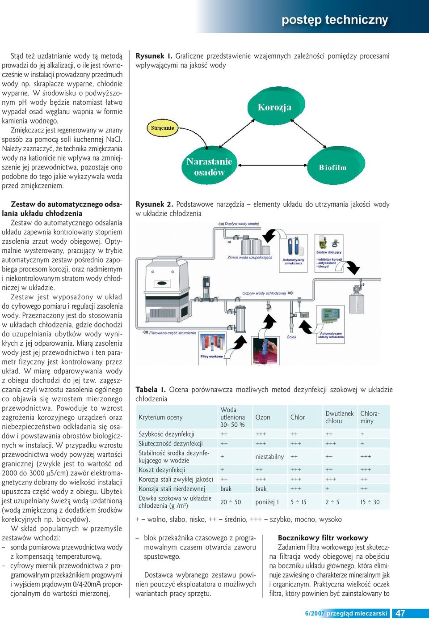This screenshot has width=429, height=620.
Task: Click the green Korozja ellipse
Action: pyautogui.click(x=276, y=106)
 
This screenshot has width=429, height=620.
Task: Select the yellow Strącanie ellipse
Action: pyautogui.click(x=162, y=128)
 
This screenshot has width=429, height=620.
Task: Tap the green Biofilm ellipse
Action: pyautogui.click(x=336, y=166)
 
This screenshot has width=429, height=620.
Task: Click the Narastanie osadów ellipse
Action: pyautogui.click(x=209, y=166)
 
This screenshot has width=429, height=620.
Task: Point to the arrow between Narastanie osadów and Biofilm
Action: pyautogui.click(x=273, y=165)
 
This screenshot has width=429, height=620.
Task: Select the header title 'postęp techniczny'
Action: pyautogui.click(x=335, y=20)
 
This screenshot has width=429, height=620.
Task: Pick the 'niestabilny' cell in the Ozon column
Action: pyautogui.click(x=269, y=457)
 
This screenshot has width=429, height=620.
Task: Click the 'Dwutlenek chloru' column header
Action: pyautogui.click(x=339, y=417)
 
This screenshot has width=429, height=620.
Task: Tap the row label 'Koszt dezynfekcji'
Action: pyautogui.click(x=162, y=470)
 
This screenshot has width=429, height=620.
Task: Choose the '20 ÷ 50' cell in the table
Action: pyautogui.click(x=231, y=502)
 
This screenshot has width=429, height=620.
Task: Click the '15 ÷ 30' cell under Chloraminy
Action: pyautogui.click(x=370, y=502)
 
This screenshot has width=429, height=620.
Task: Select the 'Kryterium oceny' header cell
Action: pyautogui.click(x=160, y=417)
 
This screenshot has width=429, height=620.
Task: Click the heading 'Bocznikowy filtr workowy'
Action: pyautogui.click(x=323, y=538)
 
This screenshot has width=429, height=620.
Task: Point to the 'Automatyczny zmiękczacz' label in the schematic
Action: pyautogui.click(x=293, y=262)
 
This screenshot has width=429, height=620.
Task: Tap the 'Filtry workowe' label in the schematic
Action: pyautogui.click(x=211, y=356)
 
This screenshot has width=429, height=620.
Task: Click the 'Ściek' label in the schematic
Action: pyautogui.click(x=291, y=337)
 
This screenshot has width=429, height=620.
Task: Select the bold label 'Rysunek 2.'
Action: pyautogui.click(x=154, y=204)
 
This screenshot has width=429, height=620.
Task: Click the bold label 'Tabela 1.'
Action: pyautogui.click(x=151, y=390)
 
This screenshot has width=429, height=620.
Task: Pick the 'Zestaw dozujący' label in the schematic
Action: pyautogui.click(x=328, y=252)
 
